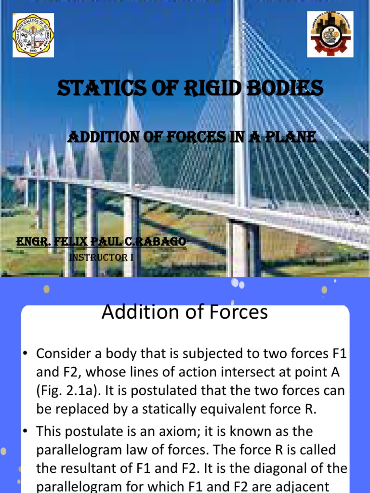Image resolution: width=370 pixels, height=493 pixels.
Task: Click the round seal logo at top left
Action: tap(33, 35)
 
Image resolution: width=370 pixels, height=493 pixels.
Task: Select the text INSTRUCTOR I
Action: tap(101, 258)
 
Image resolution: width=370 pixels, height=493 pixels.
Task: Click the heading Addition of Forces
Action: tap(185, 313)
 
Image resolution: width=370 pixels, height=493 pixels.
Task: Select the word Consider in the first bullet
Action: tap(66, 354)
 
